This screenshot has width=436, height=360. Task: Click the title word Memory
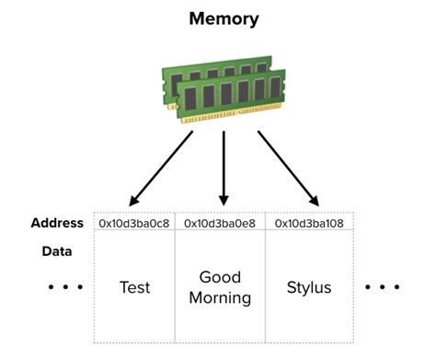point(224,17)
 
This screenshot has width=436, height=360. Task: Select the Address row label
point(57,223)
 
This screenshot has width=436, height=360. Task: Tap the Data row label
point(58,250)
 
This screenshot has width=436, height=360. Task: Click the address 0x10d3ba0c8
point(134,223)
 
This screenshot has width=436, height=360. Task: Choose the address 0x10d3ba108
point(310,223)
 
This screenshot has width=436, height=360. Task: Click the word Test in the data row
point(134,287)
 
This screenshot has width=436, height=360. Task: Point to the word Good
point(220,277)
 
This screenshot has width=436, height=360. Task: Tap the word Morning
point(220,297)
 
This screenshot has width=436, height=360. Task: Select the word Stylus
point(310,287)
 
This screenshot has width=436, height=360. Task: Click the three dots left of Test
point(65,287)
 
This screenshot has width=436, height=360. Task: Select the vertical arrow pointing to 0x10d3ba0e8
point(223,166)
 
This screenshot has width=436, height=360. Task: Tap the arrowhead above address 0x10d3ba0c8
point(135,199)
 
